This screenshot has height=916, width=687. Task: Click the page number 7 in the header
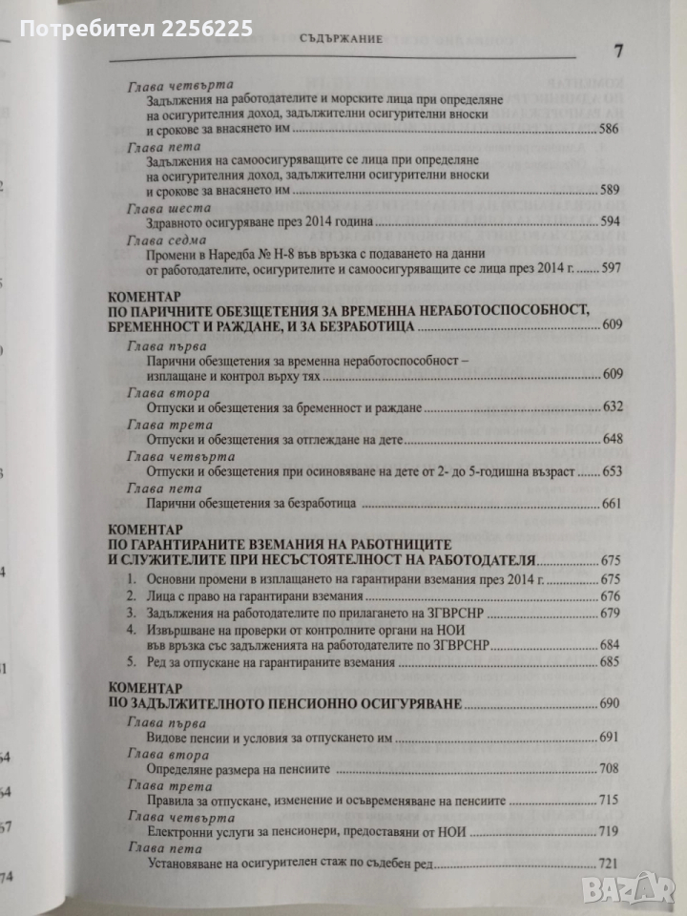tap(618, 51)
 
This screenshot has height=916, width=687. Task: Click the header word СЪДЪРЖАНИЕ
tap(341, 41)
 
